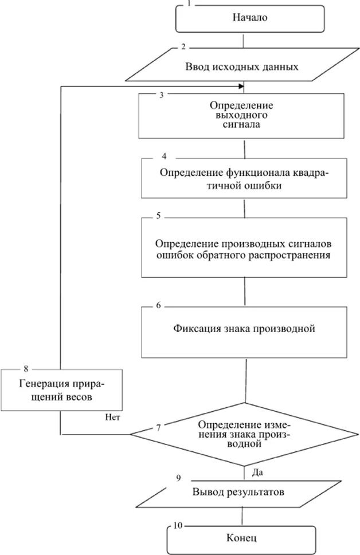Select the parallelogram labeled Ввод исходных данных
click(241, 66)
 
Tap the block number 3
click(162, 96)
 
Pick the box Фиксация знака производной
click(245, 330)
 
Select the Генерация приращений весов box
click(60, 389)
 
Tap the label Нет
click(112, 417)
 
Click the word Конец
click(241, 538)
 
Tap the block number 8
click(26, 367)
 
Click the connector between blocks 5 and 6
click(245, 292)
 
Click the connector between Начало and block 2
click(245, 40)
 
